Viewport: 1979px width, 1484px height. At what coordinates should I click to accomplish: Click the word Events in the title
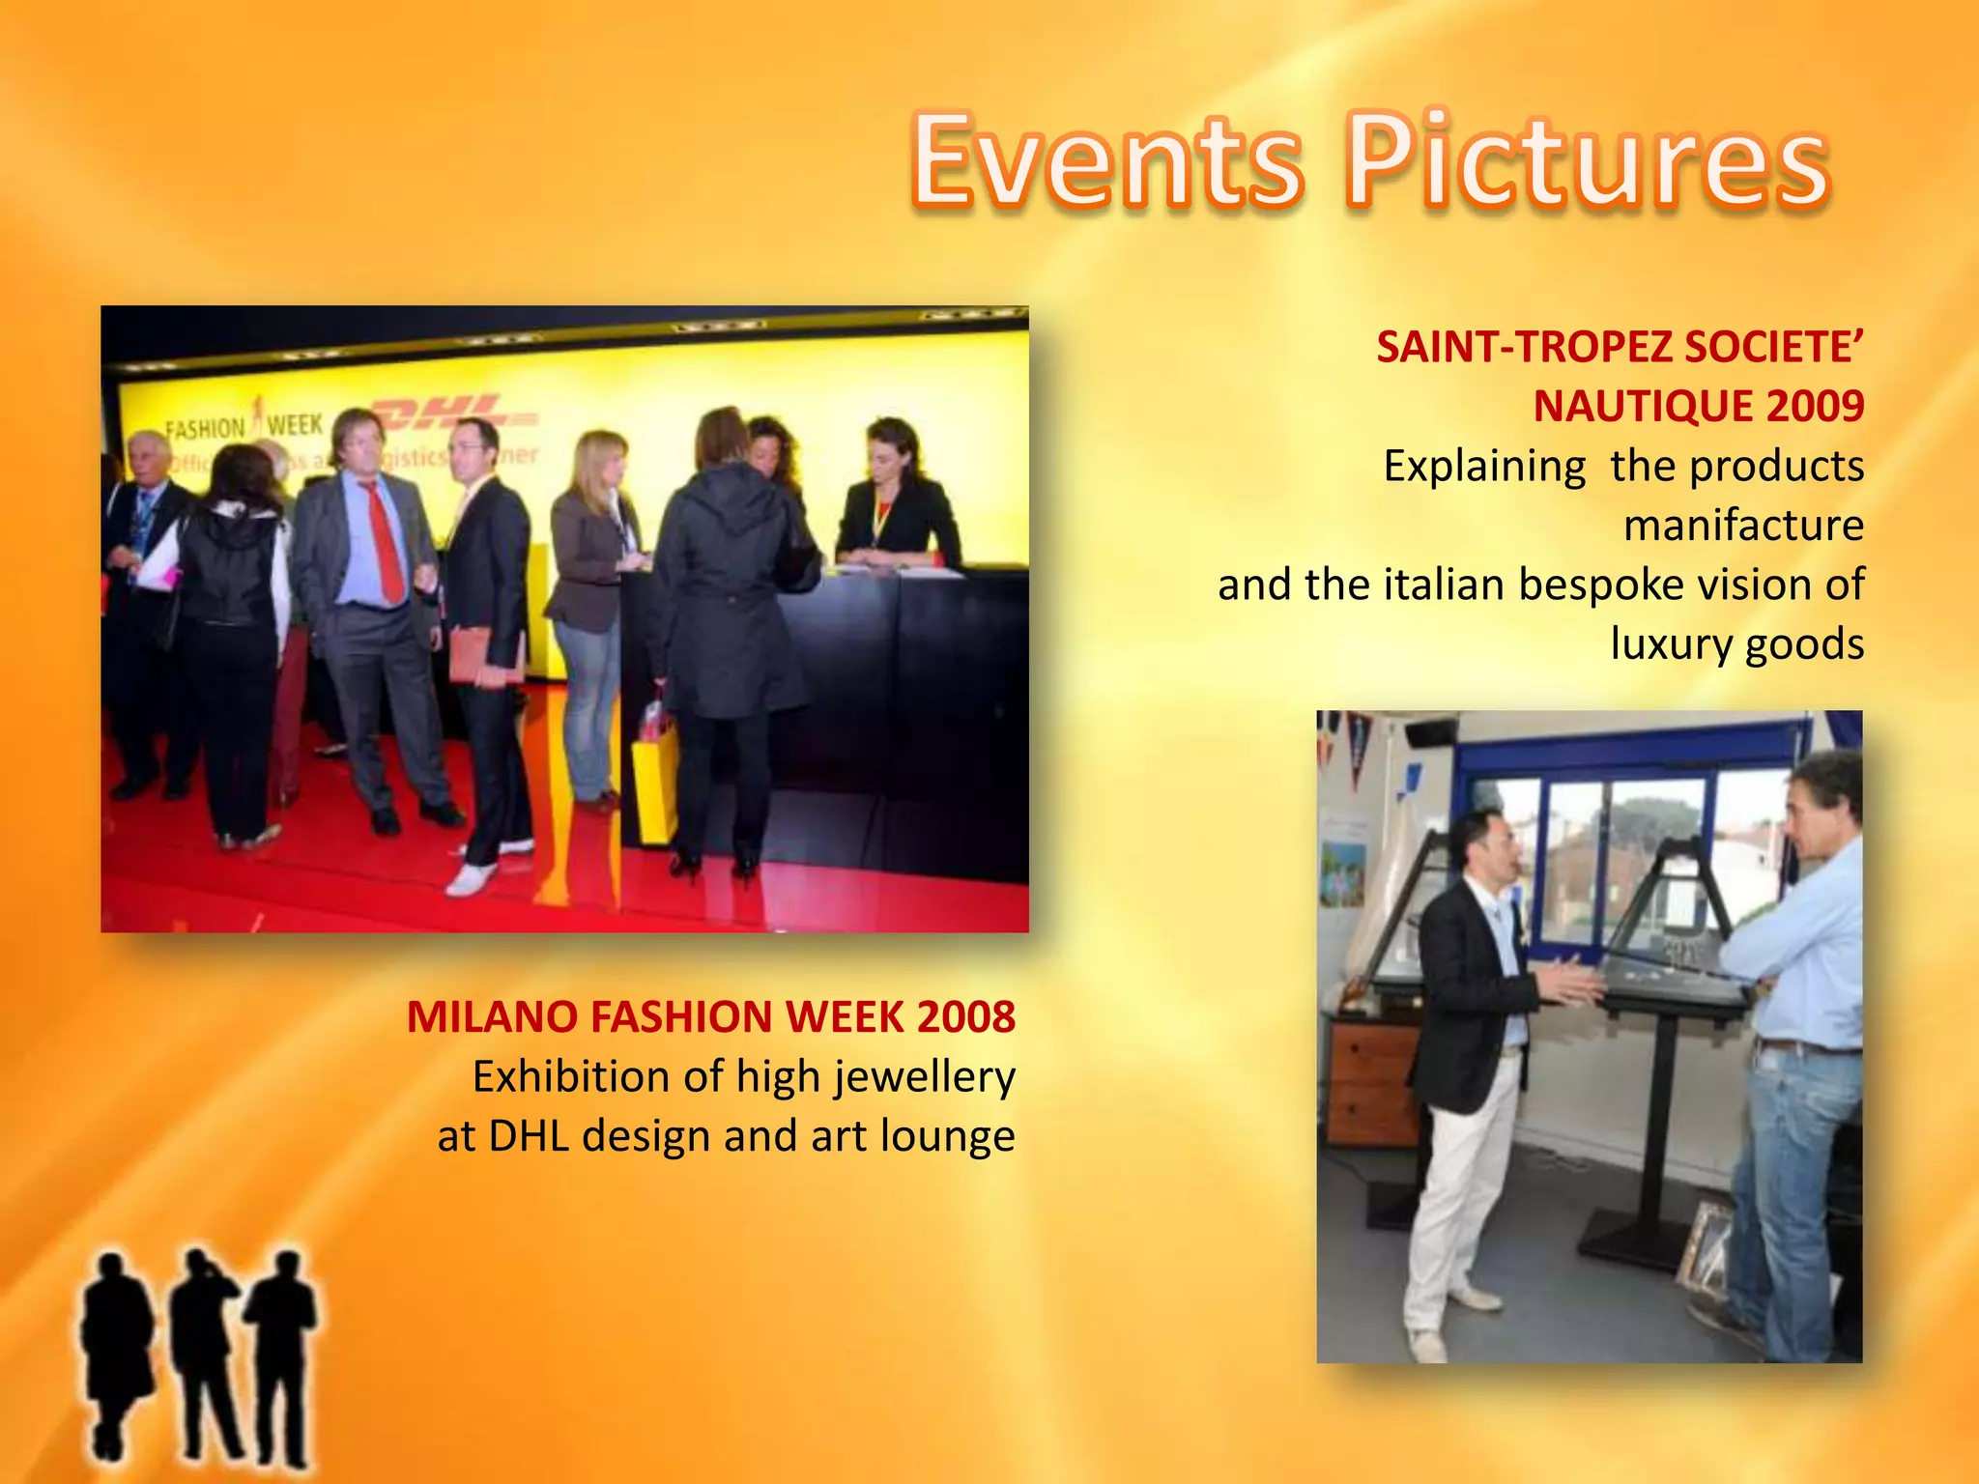[1107, 161]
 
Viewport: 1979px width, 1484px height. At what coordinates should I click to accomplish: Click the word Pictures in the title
[1588, 161]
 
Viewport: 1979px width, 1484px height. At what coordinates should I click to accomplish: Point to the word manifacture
[1743, 526]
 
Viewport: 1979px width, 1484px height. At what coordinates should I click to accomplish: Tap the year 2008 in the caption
[966, 1017]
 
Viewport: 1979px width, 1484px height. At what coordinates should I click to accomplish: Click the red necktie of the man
[384, 541]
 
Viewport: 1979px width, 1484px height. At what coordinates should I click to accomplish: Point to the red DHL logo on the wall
[454, 415]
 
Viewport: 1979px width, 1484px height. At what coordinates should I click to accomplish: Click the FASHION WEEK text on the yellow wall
[244, 426]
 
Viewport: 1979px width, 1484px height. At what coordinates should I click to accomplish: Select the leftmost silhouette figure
[116, 1353]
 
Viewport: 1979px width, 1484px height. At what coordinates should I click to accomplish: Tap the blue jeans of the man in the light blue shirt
[1797, 1188]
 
